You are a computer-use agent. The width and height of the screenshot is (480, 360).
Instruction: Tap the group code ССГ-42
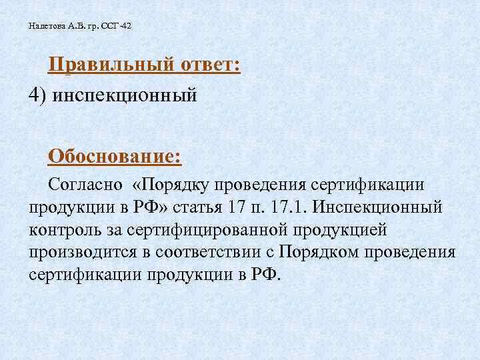coord(119,27)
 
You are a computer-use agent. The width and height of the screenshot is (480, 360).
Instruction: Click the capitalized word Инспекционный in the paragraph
coord(380,207)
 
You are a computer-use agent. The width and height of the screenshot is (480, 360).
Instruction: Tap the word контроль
coord(64,229)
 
